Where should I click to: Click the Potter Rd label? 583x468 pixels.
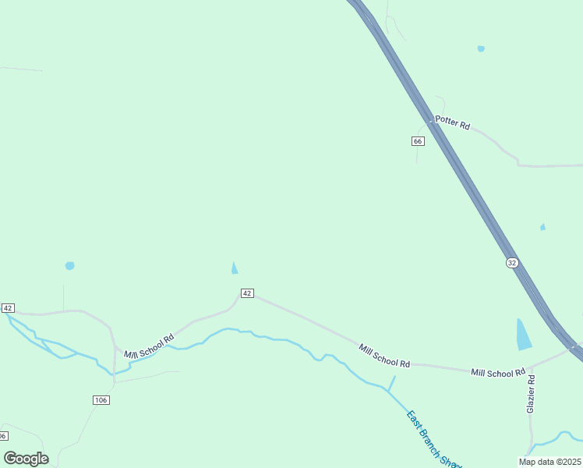point(452,124)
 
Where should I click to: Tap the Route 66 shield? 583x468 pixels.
point(418,141)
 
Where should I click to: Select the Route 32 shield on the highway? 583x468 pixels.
point(511,263)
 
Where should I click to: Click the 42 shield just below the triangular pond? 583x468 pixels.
point(246,293)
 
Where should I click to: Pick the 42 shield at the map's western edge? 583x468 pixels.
point(8,308)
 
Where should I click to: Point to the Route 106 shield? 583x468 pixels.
point(101,400)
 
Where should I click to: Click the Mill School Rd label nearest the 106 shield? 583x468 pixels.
point(149,348)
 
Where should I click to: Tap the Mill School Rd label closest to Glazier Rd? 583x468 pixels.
point(498,373)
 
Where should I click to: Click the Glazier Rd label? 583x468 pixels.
point(531,394)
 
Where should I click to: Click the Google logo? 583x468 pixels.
point(26,458)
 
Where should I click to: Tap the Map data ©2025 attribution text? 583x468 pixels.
point(549,462)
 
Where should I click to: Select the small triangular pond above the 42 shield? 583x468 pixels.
point(234,268)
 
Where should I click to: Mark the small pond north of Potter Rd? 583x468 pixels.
point(481,48)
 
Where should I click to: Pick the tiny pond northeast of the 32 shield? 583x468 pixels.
point(542,227)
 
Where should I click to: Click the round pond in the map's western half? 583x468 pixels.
point(69,266)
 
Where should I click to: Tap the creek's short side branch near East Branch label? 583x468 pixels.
point(391,383)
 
